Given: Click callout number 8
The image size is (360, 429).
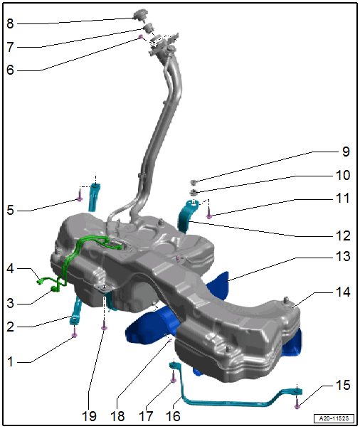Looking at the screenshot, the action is coord(10,23).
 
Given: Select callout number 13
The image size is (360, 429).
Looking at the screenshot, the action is coord(343,256).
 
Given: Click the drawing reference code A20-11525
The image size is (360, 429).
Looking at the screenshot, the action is coord(334,418).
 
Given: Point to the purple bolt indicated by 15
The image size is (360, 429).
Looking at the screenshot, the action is coord(297,403).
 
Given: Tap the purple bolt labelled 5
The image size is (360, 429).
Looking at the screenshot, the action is coord(80,196).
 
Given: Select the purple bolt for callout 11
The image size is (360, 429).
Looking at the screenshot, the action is coord(208,213).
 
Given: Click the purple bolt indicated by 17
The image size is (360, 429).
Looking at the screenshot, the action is coord(173,376).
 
